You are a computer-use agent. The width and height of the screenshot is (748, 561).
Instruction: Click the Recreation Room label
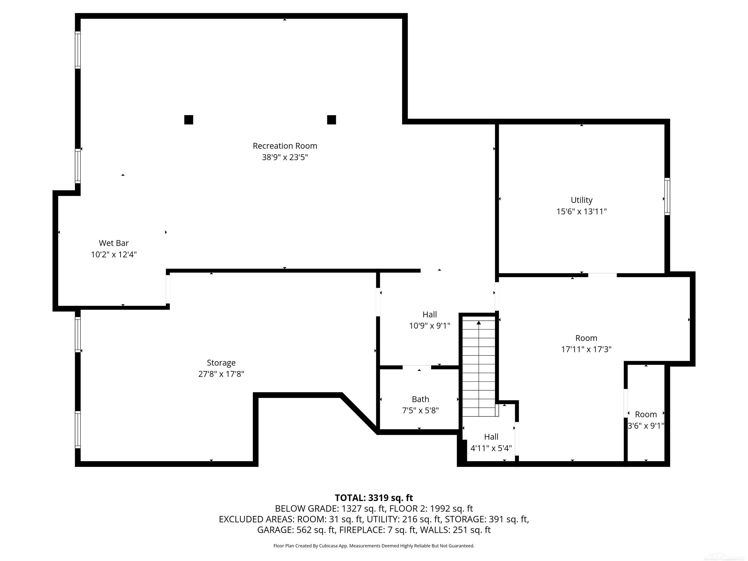(x=285, y=146)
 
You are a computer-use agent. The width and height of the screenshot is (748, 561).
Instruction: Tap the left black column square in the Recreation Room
(x=189, y=120)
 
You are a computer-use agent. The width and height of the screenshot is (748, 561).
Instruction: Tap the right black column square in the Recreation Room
(x=331, y=120)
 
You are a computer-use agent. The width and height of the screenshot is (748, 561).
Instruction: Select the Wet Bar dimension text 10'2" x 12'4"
(x=114, y=254)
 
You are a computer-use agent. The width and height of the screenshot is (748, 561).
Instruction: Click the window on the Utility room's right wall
(x=667, y=196)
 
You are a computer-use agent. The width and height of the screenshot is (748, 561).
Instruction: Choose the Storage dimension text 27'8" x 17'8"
(x=221, y=374)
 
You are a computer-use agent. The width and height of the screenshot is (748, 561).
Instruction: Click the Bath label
(x=420, y=399)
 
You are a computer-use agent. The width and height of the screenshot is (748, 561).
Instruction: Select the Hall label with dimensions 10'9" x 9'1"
(x=430, y=315)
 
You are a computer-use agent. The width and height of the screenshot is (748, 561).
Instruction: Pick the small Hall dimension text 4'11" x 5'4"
(x=491, y=448)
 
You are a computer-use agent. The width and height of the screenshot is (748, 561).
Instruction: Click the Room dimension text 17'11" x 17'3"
(x=586, y=349)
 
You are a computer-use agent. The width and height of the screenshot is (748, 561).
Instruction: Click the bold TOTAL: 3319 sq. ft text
(x=374, y=498)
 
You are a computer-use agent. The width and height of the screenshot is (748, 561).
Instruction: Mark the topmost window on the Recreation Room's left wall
(x=78, y=50)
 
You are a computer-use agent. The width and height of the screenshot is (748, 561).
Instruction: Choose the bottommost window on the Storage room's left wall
(x=78, y=430)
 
